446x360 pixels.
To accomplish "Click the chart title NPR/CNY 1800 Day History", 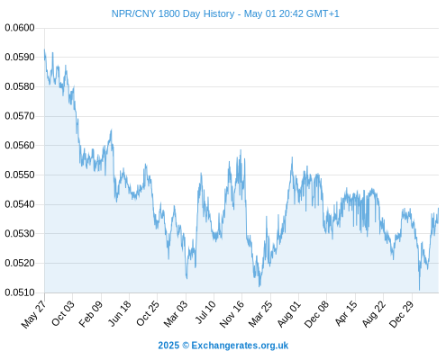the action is click(x=173, y=13).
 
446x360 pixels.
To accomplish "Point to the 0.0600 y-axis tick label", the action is click(x=20, y=28).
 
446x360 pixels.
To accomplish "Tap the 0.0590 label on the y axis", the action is click(x=20, y=57).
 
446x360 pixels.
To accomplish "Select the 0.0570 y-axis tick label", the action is click(x=20, y=116).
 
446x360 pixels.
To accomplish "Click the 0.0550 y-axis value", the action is click(x=20, y=175).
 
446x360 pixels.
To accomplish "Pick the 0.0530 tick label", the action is click(x=20, y=233).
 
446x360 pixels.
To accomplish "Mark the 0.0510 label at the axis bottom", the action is click(x=20, y=292).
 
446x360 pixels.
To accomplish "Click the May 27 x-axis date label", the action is click(x=33, y=314).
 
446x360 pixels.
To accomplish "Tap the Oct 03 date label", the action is click(x=62, y=313).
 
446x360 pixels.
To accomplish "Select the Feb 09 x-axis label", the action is click(x=90, y=314).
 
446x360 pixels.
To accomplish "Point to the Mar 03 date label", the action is click(x=176, y=314).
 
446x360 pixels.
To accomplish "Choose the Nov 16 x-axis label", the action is click(x=232, y=314).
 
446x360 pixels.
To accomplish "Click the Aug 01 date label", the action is click(x=288, y=314).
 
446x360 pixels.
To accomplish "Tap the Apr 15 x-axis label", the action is click(x=346, y=314).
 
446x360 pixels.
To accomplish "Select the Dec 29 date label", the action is click(x=402, y=314).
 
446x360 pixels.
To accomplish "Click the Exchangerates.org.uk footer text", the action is click(x=240, y=346).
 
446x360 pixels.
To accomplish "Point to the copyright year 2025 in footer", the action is click(x=168, y=346).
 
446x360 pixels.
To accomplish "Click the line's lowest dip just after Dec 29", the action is click(x=419, y=290).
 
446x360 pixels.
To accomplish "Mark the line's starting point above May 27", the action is click(x=45, y=49).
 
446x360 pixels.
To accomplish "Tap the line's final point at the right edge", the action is click(x=438, y=208).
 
